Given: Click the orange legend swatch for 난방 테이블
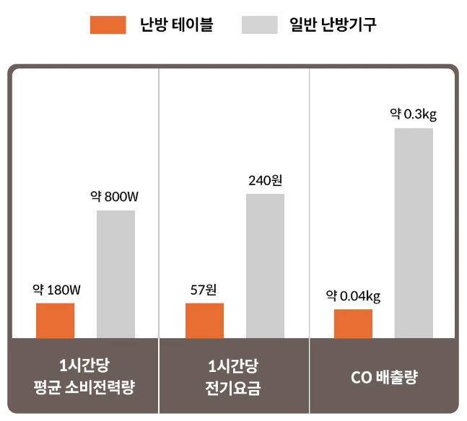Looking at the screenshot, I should pos(108,25).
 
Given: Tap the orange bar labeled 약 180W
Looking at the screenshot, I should pos(56,320).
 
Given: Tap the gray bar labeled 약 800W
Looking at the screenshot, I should pos(115,274).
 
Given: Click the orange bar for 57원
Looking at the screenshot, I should pos(204,320).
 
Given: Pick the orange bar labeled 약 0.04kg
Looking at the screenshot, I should pos(353,323).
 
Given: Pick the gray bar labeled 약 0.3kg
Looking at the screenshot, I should pos(414,233).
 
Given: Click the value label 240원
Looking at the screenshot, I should pos(265,180).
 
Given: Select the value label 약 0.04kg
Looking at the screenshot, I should pos(353,296).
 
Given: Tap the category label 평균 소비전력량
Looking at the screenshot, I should pos(84,388).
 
